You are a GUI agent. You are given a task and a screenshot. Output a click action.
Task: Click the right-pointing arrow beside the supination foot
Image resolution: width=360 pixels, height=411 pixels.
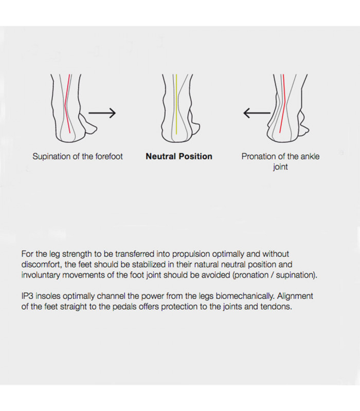point(102,113)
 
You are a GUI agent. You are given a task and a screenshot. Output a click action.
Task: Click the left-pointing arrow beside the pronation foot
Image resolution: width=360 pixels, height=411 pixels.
point(257,113)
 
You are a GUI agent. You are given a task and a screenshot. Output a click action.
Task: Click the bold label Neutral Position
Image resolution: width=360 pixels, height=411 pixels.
point(179,156)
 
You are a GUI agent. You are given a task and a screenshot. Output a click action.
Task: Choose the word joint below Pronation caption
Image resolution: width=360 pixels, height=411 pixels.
point(280,167)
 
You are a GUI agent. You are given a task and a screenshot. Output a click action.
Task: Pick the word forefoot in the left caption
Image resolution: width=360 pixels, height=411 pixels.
point(109,156)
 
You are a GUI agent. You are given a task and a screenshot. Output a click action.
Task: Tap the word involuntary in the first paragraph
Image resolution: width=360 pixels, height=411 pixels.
point(43,275)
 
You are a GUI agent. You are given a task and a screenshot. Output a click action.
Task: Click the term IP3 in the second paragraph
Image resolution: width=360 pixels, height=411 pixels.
point(28,296)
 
